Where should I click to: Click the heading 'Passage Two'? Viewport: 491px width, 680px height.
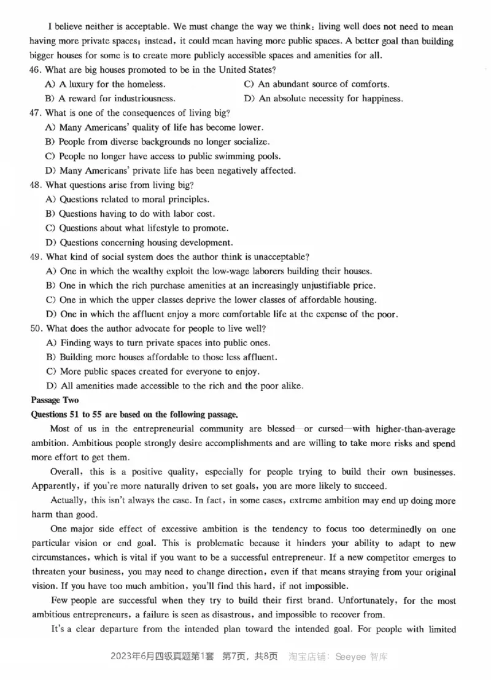[x=55, y=400]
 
